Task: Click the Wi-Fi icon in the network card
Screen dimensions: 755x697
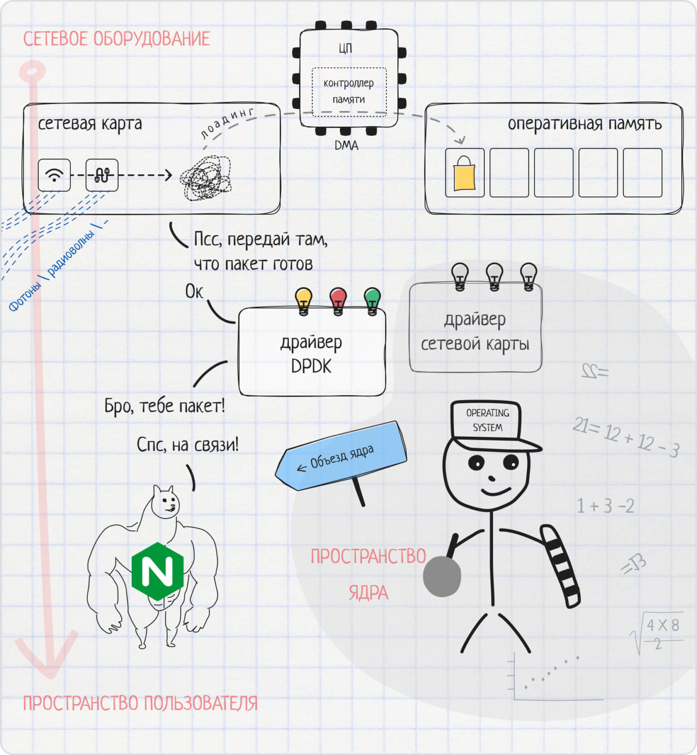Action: coord(54,175)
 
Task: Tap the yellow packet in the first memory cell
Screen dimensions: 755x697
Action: coord(464,173)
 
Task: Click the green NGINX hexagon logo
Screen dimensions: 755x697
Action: coord(158,571)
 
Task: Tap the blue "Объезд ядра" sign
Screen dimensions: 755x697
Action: coord(342,456)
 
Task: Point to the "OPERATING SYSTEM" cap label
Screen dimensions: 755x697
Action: coord(487,420)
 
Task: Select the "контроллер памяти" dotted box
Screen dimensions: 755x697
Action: coord(349,92)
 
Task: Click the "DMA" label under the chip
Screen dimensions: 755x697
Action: coord(346,145)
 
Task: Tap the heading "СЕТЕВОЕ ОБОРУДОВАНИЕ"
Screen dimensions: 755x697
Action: coord(116,39)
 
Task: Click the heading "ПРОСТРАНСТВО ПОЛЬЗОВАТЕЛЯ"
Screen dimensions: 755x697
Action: coord(140,703)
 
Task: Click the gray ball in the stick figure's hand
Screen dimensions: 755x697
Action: coord(442,576)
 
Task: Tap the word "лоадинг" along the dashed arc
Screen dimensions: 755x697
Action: coord(227,123)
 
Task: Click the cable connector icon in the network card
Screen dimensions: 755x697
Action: coord(102,175)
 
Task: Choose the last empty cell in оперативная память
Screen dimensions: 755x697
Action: coord(643,173)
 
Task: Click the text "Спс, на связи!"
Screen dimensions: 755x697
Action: coord(187,445)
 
